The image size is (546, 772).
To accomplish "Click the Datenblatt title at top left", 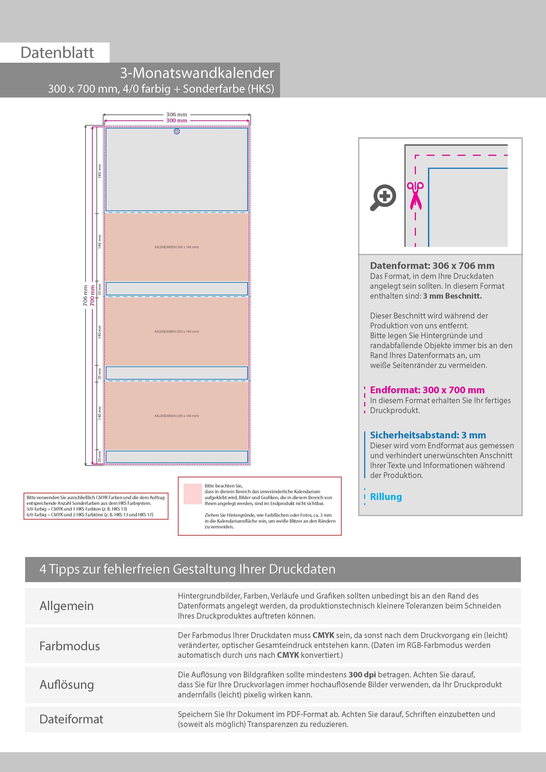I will pos(57,53).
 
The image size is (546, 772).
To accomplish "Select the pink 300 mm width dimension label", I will pos(177,120).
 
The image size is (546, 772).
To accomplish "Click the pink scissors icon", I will pos(415,196).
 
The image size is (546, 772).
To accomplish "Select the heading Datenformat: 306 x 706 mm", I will pos(432,266).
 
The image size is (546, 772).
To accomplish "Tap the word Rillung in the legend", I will pos(386,497).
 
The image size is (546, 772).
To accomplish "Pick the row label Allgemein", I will pos(67,606).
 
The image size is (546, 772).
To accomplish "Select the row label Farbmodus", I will pos(70,646).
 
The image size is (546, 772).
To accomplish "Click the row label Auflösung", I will pos(67,685).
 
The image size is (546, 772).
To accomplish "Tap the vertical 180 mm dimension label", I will pos(100,171).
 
